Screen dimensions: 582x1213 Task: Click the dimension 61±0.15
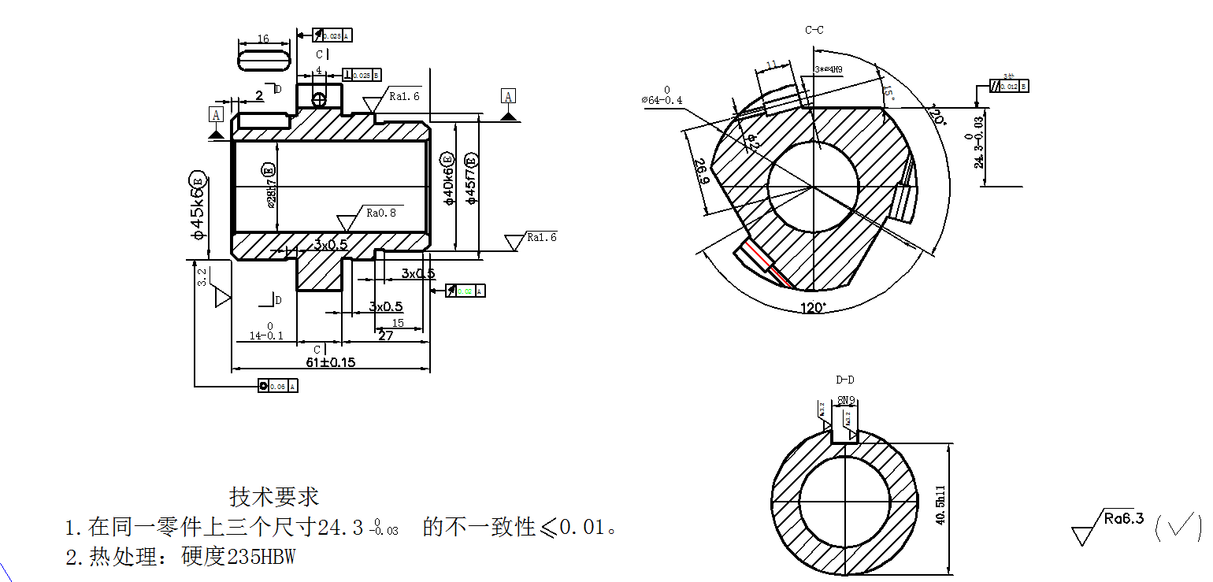point(331,361)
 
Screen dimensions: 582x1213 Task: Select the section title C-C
point(814,30)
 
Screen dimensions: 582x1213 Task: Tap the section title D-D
point(845,380)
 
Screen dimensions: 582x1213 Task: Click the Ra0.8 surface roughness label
point(381,213)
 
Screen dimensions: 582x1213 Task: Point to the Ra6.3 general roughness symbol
point(1123,519)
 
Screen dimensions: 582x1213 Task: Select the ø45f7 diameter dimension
point(471,180)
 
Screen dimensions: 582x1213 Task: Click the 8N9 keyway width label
point(847,400)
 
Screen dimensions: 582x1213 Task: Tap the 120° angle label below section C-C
point(813,307)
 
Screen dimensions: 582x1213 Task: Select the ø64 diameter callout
point(662,100)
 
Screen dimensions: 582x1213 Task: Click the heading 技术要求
point(274,497)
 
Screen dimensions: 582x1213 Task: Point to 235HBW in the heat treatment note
point(261,557)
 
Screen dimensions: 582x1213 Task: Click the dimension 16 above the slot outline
point(263,39)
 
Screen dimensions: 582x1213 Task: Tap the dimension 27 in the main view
point(386,335)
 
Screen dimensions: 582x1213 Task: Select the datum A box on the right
point(509,96)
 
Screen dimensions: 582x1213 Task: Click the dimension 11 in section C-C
point(771,64)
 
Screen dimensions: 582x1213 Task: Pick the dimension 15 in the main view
point(398,323)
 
